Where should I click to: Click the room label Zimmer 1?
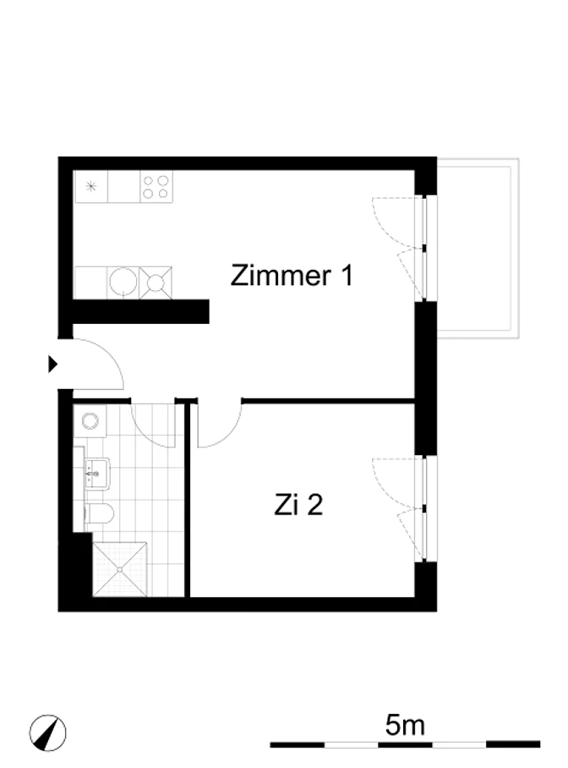coord(292,275)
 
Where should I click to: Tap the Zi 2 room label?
coord(298,504)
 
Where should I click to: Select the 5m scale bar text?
coord(405,725)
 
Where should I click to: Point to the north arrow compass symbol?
coord(47,732)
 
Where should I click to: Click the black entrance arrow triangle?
coord(53,365)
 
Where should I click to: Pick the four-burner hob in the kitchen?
coord(156,187)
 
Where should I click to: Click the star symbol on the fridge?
coord(90,186)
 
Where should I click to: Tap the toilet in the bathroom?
coord(100,513)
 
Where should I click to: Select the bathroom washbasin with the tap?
coord(97,474)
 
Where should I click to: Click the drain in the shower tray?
coord(120,569)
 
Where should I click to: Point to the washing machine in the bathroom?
coord(90,420)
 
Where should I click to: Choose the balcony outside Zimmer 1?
coord(478,248)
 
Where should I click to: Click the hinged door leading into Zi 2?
coord(219,425)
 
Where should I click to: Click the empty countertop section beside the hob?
coord(123,187)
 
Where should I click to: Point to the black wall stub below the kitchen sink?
coord(141,311)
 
